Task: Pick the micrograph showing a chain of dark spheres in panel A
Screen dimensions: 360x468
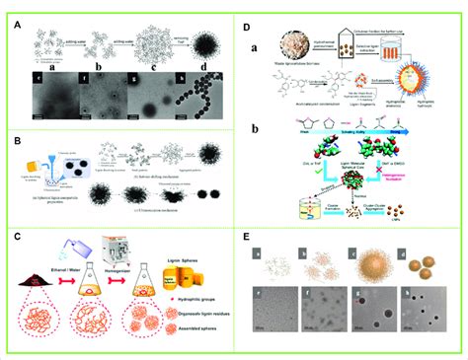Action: [x=195, y=101]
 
